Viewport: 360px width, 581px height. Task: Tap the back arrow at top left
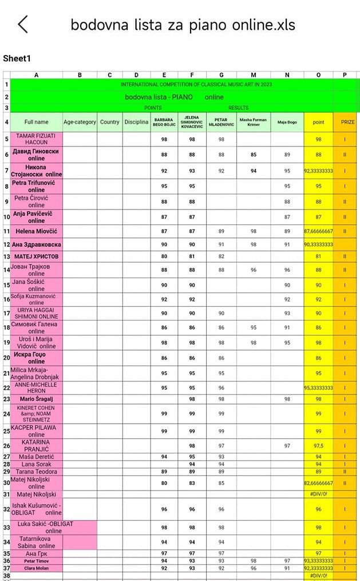pos(23,25)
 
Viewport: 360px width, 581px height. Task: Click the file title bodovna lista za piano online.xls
pos(183,25)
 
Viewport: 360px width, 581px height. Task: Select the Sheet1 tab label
pos(17,58)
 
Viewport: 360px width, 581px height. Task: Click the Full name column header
pos(37,122)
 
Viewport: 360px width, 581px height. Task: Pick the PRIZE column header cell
pos(347,122)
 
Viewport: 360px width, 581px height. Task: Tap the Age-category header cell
pos(80,122)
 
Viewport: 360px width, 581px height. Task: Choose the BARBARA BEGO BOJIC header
pos(164,122)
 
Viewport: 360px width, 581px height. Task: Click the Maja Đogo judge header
pos(287,122)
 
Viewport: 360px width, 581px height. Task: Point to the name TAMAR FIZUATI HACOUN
pos(37,139)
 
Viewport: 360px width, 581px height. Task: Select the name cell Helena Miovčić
pos(37,231)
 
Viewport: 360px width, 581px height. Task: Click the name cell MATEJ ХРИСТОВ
pos(37,256)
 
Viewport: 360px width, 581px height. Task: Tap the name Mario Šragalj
pos(37,399)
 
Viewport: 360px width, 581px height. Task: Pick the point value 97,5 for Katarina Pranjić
pos(319,445)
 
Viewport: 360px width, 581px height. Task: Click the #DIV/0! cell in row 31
pos(319,494)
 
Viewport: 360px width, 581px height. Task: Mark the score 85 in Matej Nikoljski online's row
pos(221,483)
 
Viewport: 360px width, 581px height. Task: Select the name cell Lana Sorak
pos(37,464)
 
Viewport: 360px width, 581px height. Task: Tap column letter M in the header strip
pos(254,74)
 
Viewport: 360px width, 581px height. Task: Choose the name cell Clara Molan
pos(37,568)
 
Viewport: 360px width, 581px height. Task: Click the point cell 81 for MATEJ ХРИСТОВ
pos(319,256)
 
